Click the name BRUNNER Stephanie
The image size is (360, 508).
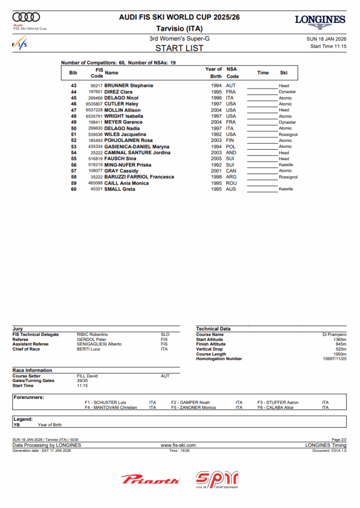(128, 86)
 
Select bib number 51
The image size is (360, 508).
(73, 134)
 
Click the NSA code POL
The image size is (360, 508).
(231, 147)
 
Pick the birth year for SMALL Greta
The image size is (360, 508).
(216, 189)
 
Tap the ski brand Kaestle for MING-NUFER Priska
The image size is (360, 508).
(286, 165)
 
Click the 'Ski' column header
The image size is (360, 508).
(284, 73)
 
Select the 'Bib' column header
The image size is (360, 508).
(73, 73)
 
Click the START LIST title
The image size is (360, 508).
(180, 48)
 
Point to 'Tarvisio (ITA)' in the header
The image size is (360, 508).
(180, 28)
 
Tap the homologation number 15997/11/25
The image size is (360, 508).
(334, 359)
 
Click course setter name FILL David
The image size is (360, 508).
(87, 376)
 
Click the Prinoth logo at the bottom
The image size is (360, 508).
(150, 480)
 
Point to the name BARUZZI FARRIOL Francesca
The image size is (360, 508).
(139, 177)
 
